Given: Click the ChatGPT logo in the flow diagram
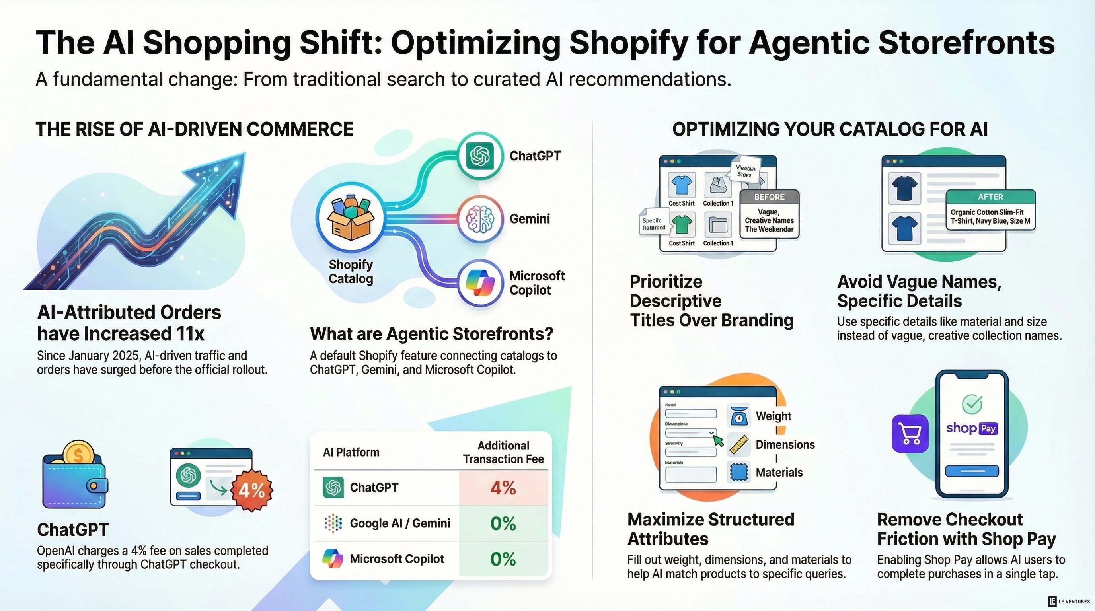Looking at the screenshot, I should (480, 156).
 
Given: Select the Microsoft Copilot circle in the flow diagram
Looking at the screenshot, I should (480, 282).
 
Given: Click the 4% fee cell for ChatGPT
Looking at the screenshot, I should (503, 487).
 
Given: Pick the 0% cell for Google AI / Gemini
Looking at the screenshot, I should (503, 523).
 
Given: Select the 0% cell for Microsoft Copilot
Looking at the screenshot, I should (503, 559).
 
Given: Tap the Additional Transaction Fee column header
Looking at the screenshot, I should (503, 452).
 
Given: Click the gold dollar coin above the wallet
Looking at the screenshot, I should (78, 454).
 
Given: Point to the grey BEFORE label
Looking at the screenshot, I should (770, 197).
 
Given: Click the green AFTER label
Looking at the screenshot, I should (990, 197).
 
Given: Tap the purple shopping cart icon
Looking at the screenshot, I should (910, 434).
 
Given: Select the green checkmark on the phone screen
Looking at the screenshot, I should (972, 404).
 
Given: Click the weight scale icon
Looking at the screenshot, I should (739, 416).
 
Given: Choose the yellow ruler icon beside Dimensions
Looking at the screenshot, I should (739, 444).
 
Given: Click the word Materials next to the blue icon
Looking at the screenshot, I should (779, 473).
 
